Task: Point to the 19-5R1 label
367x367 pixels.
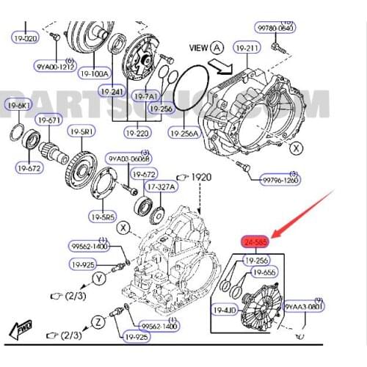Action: click(82, 131)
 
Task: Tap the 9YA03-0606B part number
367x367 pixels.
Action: click(129, 159)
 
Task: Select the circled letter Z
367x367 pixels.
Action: click(97, 321)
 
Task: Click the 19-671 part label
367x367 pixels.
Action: click(48, 119)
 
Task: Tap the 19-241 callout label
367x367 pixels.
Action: click(112, 92)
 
